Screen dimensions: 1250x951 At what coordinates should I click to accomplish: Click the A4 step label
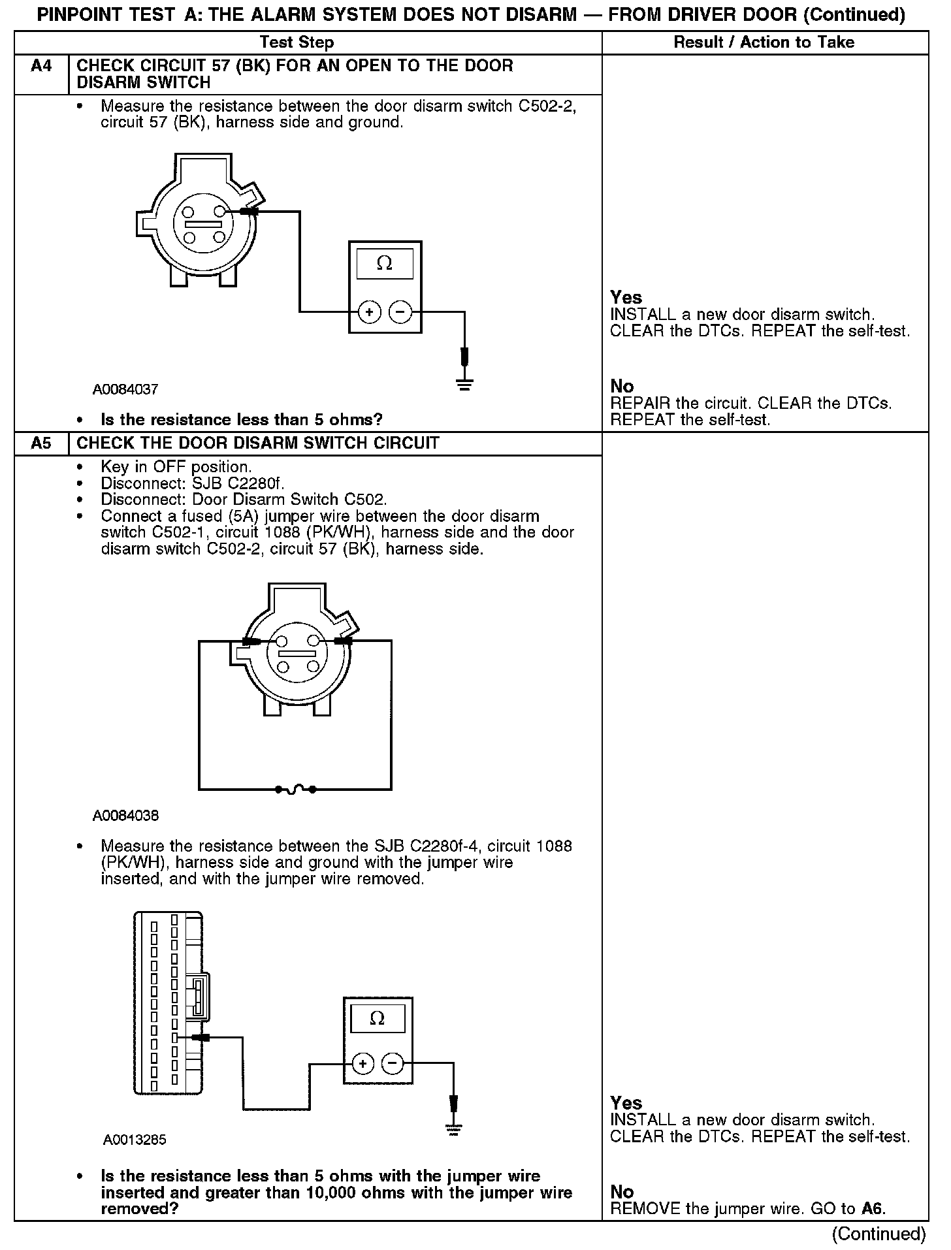coord(41,66)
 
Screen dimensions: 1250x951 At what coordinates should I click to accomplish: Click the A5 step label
coord(41,443)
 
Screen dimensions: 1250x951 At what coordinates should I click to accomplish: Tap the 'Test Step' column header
coord(297,42)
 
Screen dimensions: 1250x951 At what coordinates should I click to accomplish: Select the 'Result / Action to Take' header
coord(764,42)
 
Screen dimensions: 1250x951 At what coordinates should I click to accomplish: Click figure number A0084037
coord(125,390)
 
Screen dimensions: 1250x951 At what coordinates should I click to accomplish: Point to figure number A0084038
coord(125,816)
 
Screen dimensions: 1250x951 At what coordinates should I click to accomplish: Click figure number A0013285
coord(135,1140)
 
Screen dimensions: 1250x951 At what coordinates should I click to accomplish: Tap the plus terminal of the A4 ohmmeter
coord(369,312)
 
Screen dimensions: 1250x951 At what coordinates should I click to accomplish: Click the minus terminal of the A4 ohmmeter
coord(400,312)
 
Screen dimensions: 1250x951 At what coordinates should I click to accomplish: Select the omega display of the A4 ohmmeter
coord(385,264)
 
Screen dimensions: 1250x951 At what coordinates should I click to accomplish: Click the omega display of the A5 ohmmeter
coord(378,1018)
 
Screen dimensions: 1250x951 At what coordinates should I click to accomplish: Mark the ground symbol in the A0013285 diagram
coord(454,1130)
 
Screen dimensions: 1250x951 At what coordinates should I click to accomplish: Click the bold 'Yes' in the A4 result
coord(626,298)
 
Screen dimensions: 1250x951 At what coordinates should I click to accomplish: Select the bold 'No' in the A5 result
coord(622,1192)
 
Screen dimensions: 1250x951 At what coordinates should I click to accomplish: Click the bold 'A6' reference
coord(873,1209)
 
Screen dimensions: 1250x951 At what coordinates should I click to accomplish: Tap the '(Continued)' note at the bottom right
coord(878,1234)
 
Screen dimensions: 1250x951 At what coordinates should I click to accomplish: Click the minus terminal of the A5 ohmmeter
coord(393,1064)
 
